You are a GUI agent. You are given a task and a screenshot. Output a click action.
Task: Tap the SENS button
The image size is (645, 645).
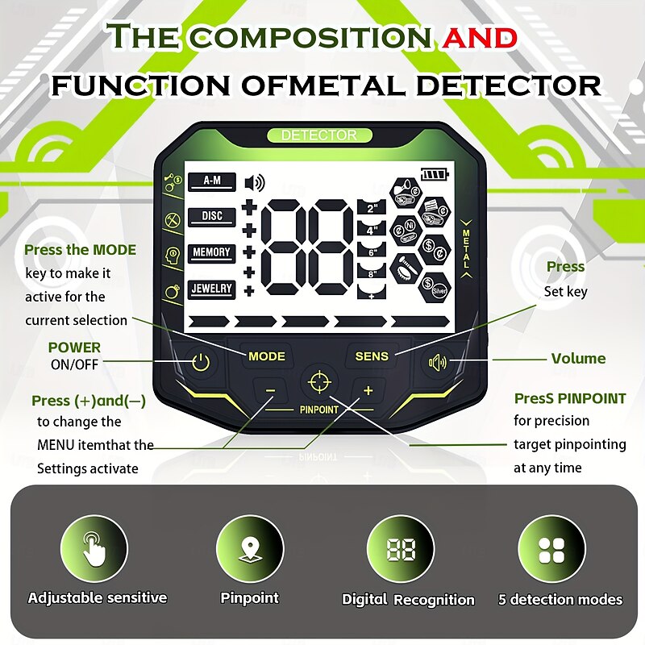(372, 356)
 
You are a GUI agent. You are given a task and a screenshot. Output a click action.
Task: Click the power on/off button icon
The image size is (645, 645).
(201, 363)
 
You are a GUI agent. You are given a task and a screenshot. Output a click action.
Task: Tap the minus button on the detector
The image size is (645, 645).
(270, 391)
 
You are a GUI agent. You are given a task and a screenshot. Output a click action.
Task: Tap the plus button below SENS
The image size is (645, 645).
(368, 391)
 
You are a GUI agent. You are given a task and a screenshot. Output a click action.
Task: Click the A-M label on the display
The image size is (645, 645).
(211, 181)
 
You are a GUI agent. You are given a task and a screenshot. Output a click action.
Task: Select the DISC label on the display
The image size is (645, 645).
(211, 216)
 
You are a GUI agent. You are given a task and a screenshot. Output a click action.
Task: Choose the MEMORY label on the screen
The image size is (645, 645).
(211, 252)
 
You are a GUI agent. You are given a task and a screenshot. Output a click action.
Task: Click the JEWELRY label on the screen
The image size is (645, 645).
(211, 289)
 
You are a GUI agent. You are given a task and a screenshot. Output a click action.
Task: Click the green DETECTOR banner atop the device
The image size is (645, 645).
(318, 135)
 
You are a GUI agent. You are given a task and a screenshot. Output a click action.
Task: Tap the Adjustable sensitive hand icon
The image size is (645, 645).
(95, 551)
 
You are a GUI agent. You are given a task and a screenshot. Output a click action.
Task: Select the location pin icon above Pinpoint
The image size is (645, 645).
(250, 551)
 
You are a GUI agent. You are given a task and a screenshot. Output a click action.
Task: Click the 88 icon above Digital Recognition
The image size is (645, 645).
(401, 551)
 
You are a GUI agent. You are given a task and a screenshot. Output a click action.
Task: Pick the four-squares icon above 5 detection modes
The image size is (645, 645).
(551, 551)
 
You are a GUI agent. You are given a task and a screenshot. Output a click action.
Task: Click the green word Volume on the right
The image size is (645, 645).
(578, 359)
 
